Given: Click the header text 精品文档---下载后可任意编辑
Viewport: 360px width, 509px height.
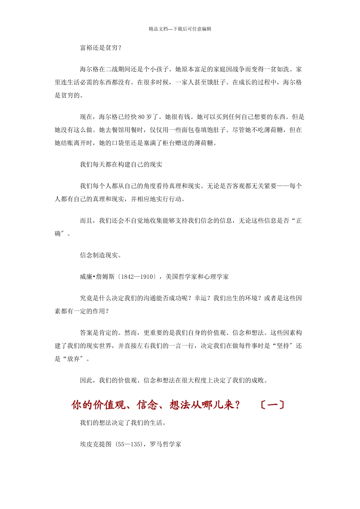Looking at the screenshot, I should (180, 29).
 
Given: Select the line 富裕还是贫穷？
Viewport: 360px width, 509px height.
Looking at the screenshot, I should (101, 48).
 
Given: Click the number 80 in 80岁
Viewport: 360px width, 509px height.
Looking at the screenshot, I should (141, 117).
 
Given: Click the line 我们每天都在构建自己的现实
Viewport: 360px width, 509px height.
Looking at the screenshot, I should (121, 164).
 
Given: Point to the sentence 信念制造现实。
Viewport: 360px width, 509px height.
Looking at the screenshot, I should (101, 255).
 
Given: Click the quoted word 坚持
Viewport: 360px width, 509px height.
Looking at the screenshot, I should (283, 346).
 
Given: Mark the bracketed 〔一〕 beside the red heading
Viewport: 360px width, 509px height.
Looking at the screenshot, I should (272, 405).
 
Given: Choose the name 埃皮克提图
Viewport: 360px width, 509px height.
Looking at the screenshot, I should (96, 444).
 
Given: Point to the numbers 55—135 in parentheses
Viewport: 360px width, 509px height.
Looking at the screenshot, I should (130, 444).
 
